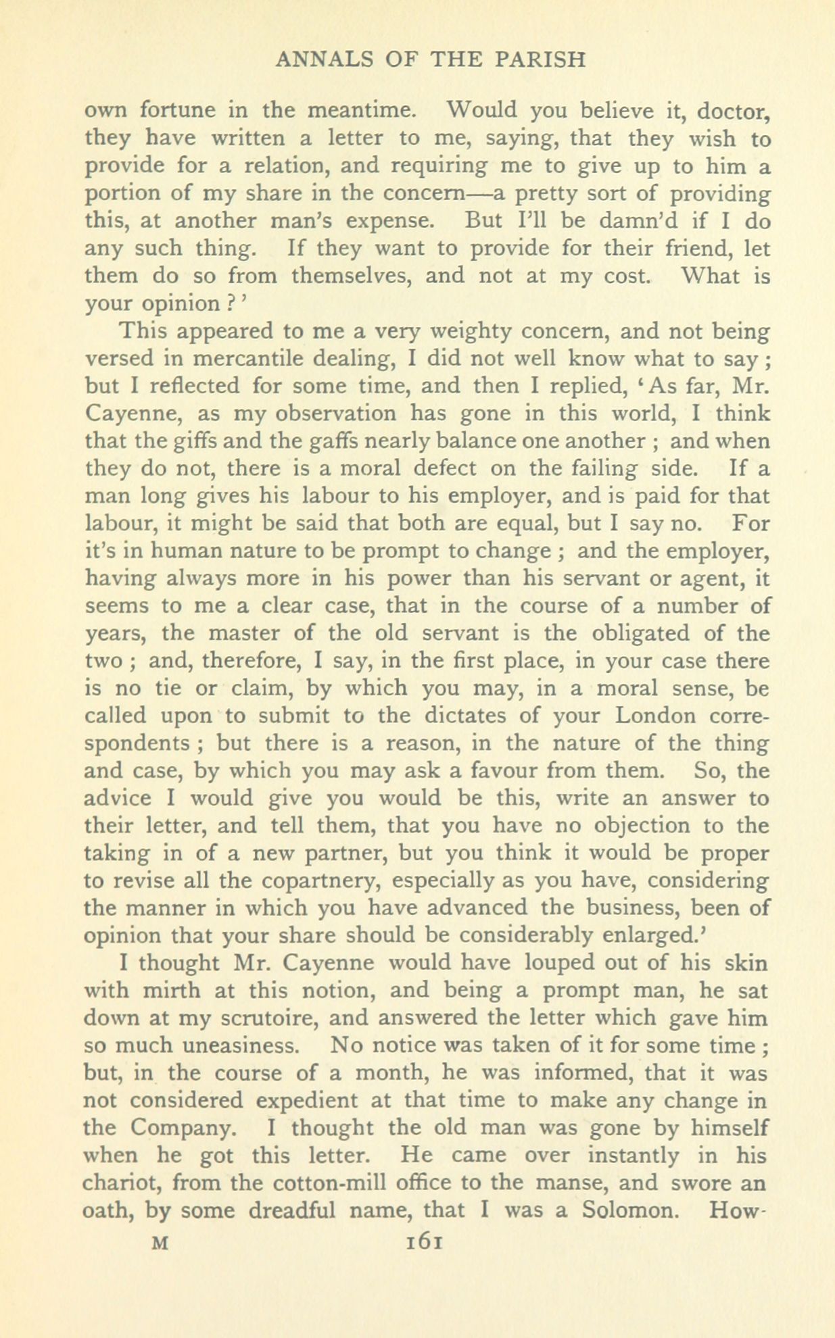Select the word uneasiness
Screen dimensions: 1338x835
[231, 1045]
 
